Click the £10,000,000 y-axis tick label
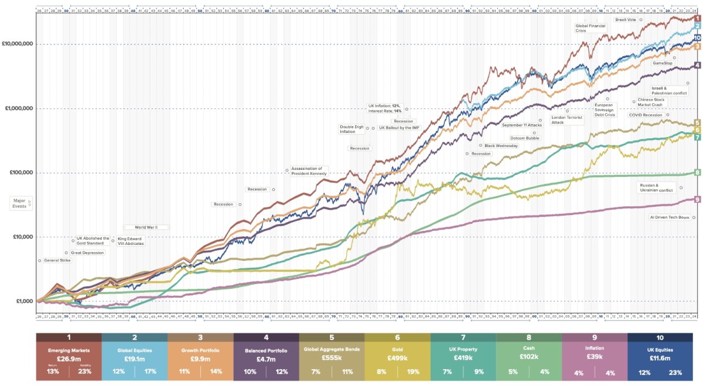(x=18, y=44)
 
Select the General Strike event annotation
(x=57, y=260)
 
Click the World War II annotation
(x=146, y=227)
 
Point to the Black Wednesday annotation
(x=501, y=145)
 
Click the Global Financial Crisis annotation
(x=589, y=28)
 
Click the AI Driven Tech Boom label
(x=670, y=217)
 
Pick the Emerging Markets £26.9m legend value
(x=69, y=358)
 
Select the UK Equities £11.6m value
(x=660, y=358)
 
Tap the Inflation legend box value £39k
(x=594, y=358)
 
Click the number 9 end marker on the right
(x=697, y=200)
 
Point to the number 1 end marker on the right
(x=697, y=19)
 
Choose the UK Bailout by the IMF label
(x=399, y=127)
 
